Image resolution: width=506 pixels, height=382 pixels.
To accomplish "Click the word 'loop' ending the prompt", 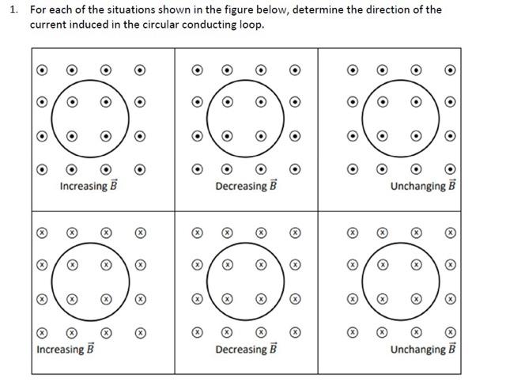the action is [x=251, y=25].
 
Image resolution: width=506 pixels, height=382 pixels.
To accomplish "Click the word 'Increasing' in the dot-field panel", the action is [x=83, y=187].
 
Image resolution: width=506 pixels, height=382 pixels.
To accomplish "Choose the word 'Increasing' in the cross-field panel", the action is [x=59, y=350].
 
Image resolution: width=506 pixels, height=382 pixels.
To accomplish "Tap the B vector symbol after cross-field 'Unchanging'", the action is [x=452, y=348].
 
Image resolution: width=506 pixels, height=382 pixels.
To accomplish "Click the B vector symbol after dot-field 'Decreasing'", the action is [x=274, y=186].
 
